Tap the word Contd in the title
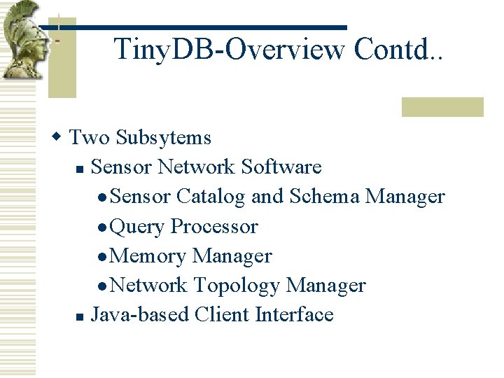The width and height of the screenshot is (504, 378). coord(393,50)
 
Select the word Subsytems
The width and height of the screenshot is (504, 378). coord(164,138)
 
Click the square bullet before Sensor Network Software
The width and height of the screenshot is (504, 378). coord(80,169)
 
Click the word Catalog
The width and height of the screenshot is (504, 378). coord(210,197)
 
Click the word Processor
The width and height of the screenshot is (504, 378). coord(214,227)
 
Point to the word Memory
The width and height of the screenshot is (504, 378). coord(148,256)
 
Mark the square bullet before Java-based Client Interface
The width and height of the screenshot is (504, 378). coord(80,317)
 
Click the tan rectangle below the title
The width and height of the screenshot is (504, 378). coord(442,106)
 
